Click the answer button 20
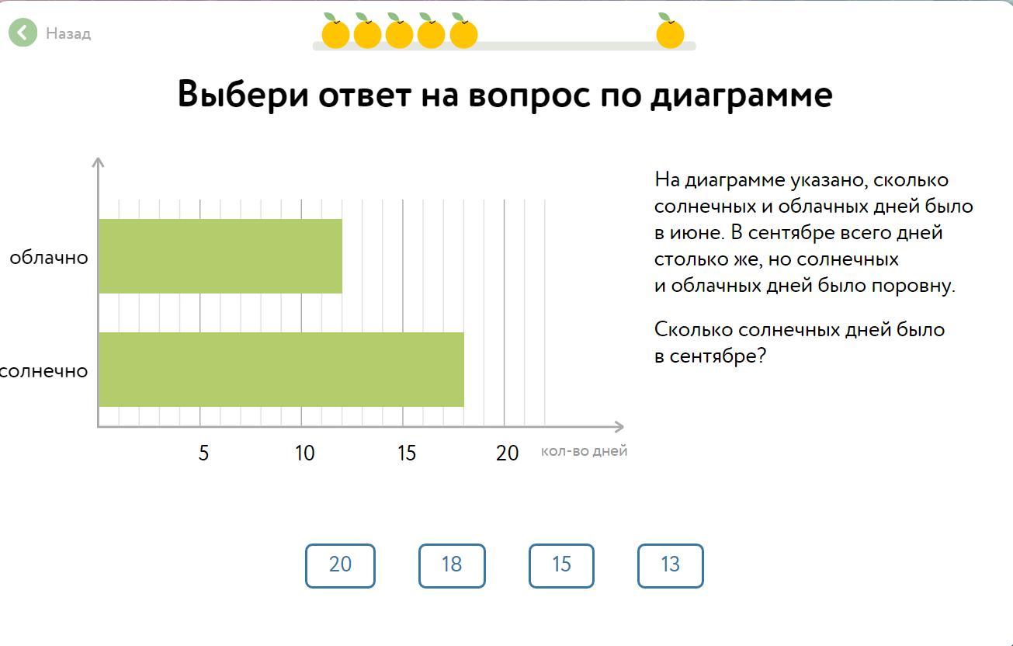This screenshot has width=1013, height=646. pyautogui.click(x=340, y=565)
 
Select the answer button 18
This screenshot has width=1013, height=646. pyautogui.click(x=452, y=565)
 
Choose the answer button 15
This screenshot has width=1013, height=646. pyautogui.click(x=561, y=565)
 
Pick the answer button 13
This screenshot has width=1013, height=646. pyautogui.click(x=670, y=565)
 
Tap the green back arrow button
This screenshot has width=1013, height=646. pyautogui.click(x=23, y=33)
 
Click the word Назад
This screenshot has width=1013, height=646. pyautogui.click(x=68, y=33)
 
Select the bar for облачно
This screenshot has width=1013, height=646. pyautogui.click(x=220, y=256)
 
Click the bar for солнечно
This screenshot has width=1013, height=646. pyautogui.click(x=281, y=369)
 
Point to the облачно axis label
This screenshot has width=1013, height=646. pyautogui.click(x=49, y=258)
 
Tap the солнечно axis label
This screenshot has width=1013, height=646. pyautogui.click(x=43, y=371)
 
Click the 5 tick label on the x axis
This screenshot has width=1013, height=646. pyautogui.click(x=203, y=453)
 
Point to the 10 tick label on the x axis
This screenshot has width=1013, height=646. pyautogui.click(x=304, y=453)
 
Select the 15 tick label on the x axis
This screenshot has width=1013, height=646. pyautogui.click(x=407, y=453)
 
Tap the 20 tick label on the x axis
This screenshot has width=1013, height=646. pyautogui.click(x=507, y=453)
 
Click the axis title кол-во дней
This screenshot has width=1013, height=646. pyautogui.click(x=584, y=451)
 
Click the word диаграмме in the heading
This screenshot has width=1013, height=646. pyautogui.click(x=741, y=96)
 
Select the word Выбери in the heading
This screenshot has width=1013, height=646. pyautogui.click(x=243, y=94)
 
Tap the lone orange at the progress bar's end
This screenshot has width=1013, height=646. pyautogui.click(x=670, y=32)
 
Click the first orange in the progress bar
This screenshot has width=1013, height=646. pyautogui.click(x=335, y=32)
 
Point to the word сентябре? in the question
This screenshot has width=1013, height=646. pyautogui.click(x=718, y=356)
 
